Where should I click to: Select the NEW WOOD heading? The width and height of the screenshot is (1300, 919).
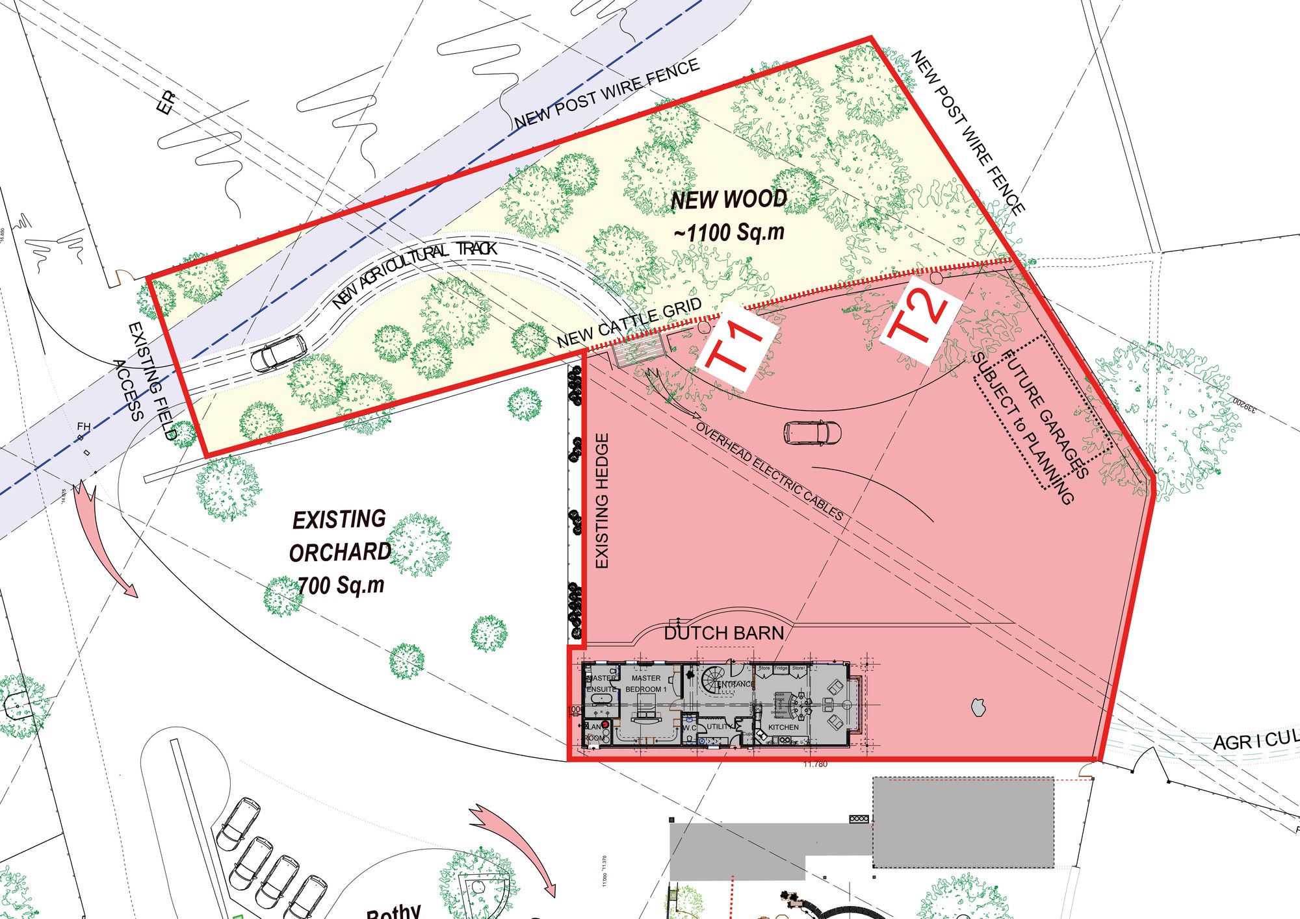tap(729, 200)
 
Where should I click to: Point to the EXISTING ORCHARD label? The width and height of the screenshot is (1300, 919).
tap(339, 536)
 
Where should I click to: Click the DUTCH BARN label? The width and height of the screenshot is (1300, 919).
tap(723, 633)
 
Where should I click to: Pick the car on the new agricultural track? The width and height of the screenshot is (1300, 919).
tap(278, 353)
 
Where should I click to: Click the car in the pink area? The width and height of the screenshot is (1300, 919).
tap(812, 433)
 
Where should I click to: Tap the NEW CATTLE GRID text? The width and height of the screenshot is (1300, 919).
tap(629, 323)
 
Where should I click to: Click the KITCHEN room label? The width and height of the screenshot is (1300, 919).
tap(783, 727)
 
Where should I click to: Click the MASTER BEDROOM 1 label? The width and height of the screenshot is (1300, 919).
tap(646, 684)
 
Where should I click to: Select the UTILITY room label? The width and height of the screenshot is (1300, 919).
tap(719, 727)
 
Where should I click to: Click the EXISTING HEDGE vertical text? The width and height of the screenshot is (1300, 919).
tap(602, 501)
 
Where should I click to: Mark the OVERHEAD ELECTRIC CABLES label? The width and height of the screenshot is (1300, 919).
tap(770, 472)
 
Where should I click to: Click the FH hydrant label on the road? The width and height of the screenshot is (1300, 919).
tap(84, 427)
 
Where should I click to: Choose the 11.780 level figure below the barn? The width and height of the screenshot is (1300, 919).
tap(815, 764)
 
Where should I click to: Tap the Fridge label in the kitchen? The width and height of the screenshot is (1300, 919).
tap(781, 668)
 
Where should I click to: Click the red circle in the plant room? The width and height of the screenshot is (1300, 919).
tap(604, 724)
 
